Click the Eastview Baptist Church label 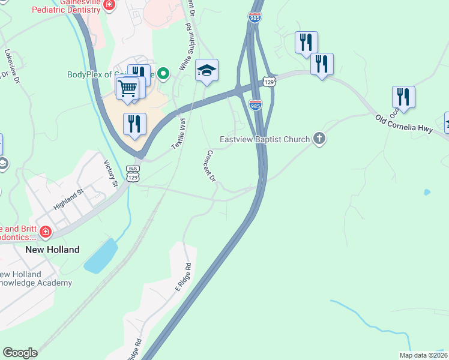tap(264, 139)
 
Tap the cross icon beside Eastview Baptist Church tap(319, 139)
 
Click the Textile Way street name tap(179, 133)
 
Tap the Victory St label tap(109, 173)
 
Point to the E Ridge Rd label tap(183, 277)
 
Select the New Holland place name tap(52, 250)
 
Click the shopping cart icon tap(127, 88)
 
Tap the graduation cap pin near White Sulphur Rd tap(206, 71)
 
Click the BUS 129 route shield tap(133, 174)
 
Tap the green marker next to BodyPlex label tap(163, 74)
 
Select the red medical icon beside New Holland tap(44, 231)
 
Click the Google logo tap(20, 353)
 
